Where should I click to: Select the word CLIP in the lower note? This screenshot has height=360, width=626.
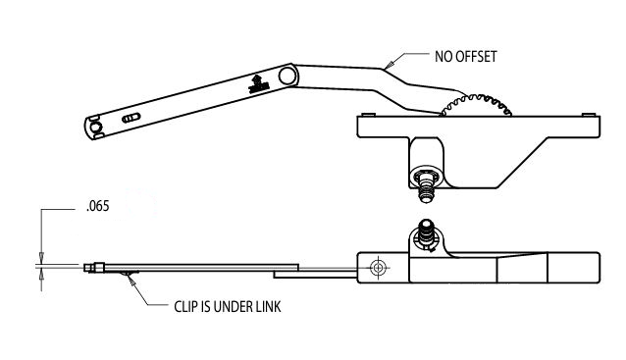tap(187, 305)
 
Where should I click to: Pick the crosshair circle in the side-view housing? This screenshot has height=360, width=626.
tap(377, 266)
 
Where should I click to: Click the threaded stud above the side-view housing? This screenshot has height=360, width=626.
tap(426, 231)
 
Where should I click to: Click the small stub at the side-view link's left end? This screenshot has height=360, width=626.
tap(91, 265)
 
